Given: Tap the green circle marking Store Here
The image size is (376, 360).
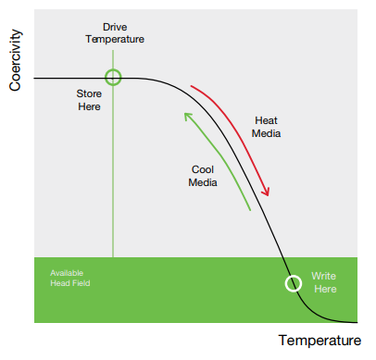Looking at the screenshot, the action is (x=113, y=78).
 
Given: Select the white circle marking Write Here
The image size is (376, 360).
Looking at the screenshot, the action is (x=293, y=283).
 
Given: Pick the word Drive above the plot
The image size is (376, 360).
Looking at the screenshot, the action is (x=116, y=27).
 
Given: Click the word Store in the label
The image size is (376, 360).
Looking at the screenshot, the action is (x=89, y=93).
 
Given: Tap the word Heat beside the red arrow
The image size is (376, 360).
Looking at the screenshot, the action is (x=266, y=120).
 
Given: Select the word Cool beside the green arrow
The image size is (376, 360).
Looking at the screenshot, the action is (x=203, y=169).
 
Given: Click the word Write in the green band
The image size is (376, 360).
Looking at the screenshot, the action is (x=323, y=276).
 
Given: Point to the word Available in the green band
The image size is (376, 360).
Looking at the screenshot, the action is (x=66, y=273).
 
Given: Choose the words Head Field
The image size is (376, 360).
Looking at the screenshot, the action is (x=69, y=284).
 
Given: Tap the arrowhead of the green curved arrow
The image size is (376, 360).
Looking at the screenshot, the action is (x=187, y=116).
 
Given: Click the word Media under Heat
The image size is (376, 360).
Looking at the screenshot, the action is (x=266, y=133).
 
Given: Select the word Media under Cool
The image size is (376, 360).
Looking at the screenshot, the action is (x=203, y=182).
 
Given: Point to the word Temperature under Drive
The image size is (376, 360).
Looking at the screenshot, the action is (x=115, y=39).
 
